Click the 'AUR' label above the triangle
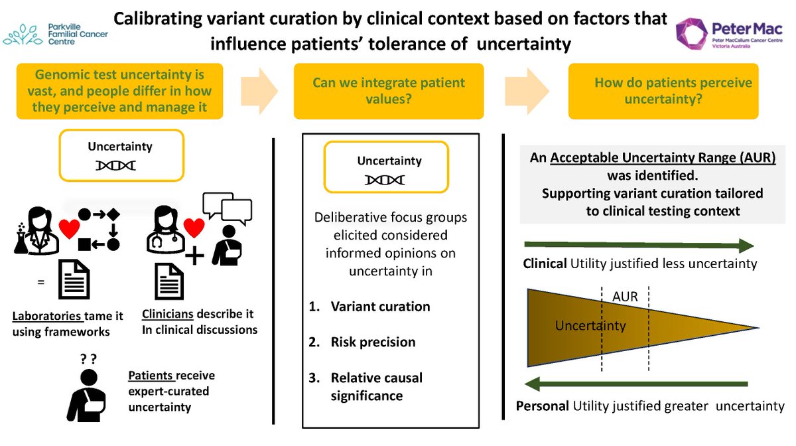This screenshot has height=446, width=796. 626,297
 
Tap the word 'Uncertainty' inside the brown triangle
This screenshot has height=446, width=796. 590,325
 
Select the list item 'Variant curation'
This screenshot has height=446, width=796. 380,306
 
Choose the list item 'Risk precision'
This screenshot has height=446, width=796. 373,342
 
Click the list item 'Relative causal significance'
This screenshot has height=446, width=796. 376,386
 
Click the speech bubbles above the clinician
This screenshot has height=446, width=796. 222,207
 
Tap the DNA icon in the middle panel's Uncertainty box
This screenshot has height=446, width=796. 385,180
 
